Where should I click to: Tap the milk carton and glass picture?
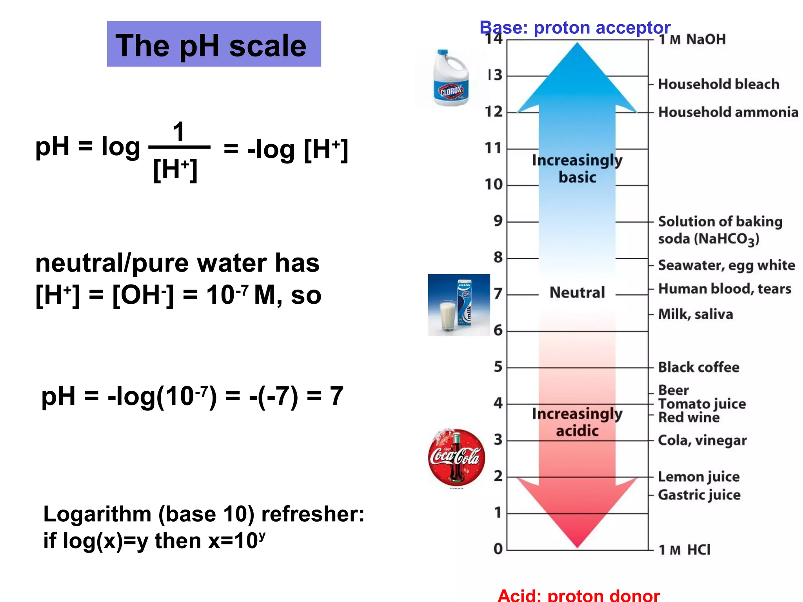click(459, 305)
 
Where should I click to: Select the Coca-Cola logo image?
click(456, 457)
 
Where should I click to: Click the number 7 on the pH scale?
click(498, 294)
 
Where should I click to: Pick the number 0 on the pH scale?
click(498, 549)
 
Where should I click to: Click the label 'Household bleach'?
click(718, 84)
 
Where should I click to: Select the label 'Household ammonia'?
click(728, 112)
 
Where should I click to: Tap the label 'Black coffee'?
click(698, 367)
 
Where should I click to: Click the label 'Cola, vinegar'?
click(702, 441)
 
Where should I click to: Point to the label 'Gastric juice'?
click(699, 495)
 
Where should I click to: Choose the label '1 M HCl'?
click(684, 550)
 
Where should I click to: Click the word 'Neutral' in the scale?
click(577, 293)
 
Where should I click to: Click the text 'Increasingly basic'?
click(577, 169)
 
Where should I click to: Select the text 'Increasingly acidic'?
click(577, 422)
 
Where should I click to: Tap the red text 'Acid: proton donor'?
click(579, 595)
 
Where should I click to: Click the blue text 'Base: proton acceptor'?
click(575, 28)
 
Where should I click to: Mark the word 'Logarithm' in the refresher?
click(97, 514)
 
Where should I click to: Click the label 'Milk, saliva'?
click(695, 314)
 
